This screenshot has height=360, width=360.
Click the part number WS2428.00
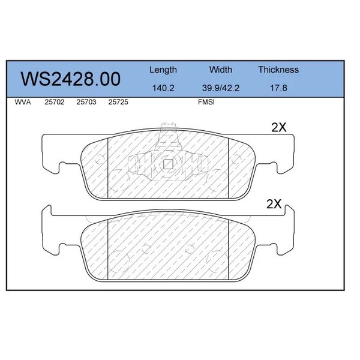coord(70,79)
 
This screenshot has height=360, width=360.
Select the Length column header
coord(163,70)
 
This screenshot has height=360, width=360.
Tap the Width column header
coord(221,70)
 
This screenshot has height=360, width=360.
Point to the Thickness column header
coord(278,70)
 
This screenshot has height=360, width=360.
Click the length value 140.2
coord(163,88)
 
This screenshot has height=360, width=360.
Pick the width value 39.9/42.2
coord(221,88)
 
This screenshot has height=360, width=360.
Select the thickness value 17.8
coord(278,88)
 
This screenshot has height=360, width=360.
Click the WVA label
coord(23,102)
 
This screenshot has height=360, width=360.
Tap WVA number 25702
coord(55,102)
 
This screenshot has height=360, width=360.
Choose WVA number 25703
coord(86,102)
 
